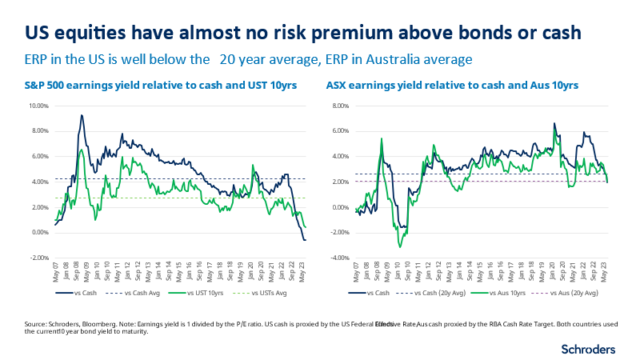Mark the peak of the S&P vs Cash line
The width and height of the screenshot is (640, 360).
point(82,115)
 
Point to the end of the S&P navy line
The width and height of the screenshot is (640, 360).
point(305,240)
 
